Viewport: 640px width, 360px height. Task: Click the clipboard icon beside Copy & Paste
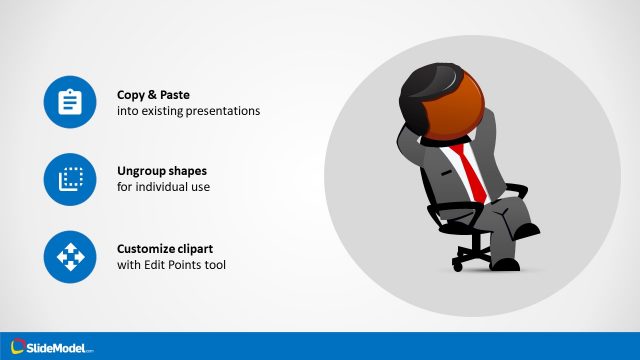tap(69, 102)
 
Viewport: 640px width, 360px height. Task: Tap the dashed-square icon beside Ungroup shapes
tap(69, 179)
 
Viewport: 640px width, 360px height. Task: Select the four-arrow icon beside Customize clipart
tap(69, 257)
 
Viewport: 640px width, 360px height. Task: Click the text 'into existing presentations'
tap(188, 111)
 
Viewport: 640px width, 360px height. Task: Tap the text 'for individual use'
tap(163, 187)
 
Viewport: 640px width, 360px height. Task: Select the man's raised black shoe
tap(526, 231)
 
